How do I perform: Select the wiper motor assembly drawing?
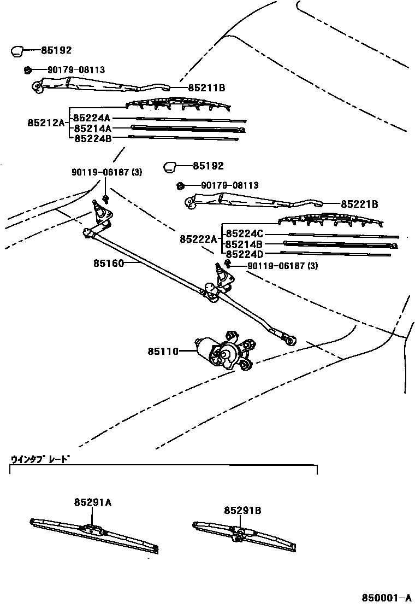coord(224,353)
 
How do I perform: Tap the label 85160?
coord(109,263)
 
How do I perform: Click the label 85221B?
coord(359,204)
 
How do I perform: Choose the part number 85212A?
coord(46,123)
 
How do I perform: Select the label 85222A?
coord(198,239)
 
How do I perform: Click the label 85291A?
coord(93,502)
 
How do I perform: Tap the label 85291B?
coord(242,510)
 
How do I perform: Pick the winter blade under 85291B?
coord(244,535)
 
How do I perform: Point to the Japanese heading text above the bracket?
coord(41,459)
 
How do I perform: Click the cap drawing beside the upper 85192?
coord(17,51)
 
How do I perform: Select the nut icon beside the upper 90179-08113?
coord(27,69)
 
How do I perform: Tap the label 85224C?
coord(245,234)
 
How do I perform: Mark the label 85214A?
coord(92,128)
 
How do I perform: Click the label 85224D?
coord(245,254)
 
